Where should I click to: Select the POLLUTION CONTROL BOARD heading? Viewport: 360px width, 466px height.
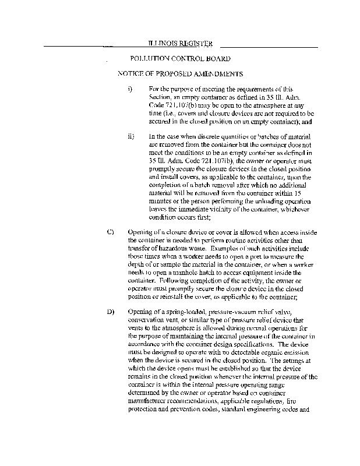click(180, 59)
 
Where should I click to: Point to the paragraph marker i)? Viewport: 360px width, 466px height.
click(130, 89)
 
